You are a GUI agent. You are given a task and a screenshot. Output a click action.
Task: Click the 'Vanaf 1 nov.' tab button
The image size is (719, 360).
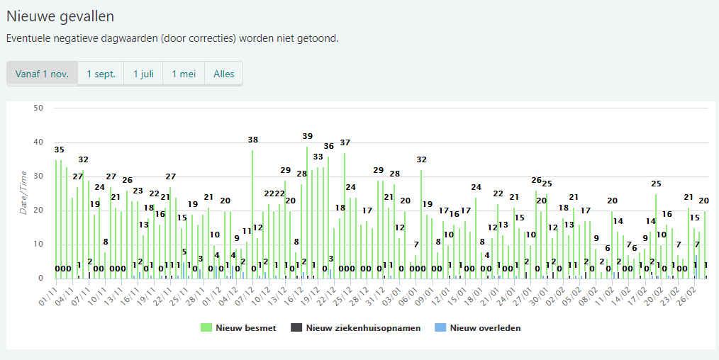(x=42, y=74)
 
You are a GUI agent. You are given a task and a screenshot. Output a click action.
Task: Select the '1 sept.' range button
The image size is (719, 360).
(x=101, y=74)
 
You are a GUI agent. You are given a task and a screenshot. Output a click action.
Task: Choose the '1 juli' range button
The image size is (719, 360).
(x=143, y=74)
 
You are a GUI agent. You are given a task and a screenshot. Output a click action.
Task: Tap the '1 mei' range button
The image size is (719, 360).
(x=184, y=74)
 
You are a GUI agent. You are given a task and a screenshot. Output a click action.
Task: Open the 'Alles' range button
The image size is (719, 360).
(x=223, y=74)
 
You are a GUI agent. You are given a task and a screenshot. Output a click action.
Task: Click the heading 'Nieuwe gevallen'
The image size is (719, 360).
(x=60, y=16)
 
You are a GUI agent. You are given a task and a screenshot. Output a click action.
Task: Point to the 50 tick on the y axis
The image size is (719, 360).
(x=38, y=108)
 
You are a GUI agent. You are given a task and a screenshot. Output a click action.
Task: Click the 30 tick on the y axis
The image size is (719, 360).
(x=38, y=176)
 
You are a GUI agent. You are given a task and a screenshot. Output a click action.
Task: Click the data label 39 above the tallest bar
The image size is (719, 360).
(x=307, y=136)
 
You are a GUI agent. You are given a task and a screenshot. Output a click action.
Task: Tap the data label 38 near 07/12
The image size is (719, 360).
(x=252, y=140)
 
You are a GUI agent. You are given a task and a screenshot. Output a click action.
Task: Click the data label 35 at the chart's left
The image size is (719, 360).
(x=59, y=150)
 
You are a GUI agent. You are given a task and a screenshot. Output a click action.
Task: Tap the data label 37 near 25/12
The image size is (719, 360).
(x=345, y=142)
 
